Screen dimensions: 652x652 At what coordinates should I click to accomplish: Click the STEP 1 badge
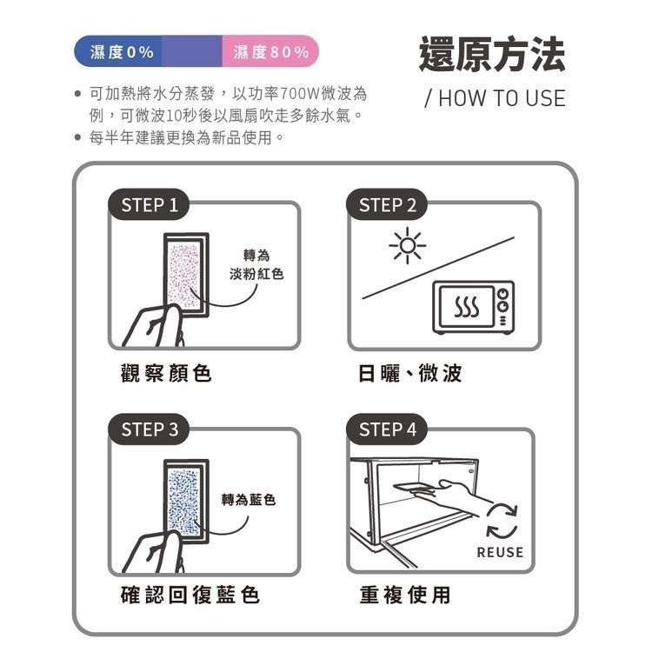coord(150,205)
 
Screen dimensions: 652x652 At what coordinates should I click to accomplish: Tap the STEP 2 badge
coord(388,205)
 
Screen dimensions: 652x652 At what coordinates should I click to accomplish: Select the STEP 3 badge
coord(150,429)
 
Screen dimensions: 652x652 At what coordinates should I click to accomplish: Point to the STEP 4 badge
coord(388,429)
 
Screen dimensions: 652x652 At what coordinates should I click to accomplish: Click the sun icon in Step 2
coord(407,246)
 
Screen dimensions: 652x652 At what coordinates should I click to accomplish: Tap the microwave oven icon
coord(473,308)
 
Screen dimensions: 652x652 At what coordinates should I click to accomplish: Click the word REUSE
coord(500,552)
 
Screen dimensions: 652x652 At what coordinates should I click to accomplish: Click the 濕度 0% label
coord(123,52)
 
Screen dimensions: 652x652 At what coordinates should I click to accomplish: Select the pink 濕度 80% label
coord(271,52)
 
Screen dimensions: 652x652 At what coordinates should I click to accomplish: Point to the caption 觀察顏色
coord(165,374)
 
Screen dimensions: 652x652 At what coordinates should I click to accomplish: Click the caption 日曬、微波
coord(410,374)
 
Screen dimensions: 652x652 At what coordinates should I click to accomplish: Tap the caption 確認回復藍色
coord(190,595)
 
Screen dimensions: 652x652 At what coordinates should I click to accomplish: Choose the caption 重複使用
coord(405,595)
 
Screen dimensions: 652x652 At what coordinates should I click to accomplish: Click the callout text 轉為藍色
coord(249,500)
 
